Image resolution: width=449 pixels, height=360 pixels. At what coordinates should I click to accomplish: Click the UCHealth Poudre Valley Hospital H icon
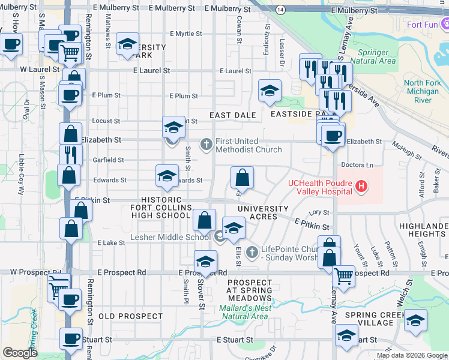coord(361,187)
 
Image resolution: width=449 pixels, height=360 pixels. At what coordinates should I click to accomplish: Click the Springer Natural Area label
coord(373,56)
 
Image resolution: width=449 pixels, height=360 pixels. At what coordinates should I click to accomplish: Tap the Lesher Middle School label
coord(170,237)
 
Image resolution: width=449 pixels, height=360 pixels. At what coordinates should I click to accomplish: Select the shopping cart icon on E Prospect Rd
coord(343,276)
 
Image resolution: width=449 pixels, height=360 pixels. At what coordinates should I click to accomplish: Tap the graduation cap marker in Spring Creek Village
coord(415,321)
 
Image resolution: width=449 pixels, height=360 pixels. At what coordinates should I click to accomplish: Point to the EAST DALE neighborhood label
coord(233,115)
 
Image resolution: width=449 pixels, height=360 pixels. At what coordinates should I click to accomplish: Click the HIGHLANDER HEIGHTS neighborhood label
coord(424,230)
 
